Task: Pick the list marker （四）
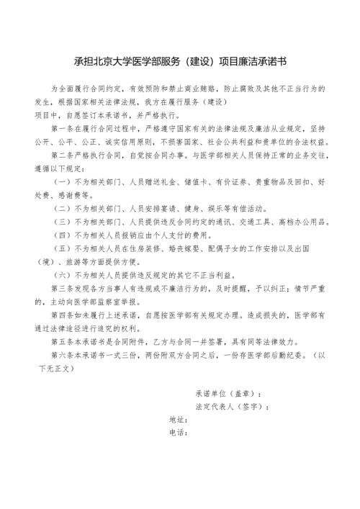click(x=63, y=235)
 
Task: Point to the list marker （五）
click(x=63, y=248)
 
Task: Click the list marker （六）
click(x=63, y=275)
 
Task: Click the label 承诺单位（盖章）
click(x=228, y=395)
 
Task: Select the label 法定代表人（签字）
click(x=232, y=407)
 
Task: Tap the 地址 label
click(x=178, y=420)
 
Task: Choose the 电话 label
click(x=178, y=433)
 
